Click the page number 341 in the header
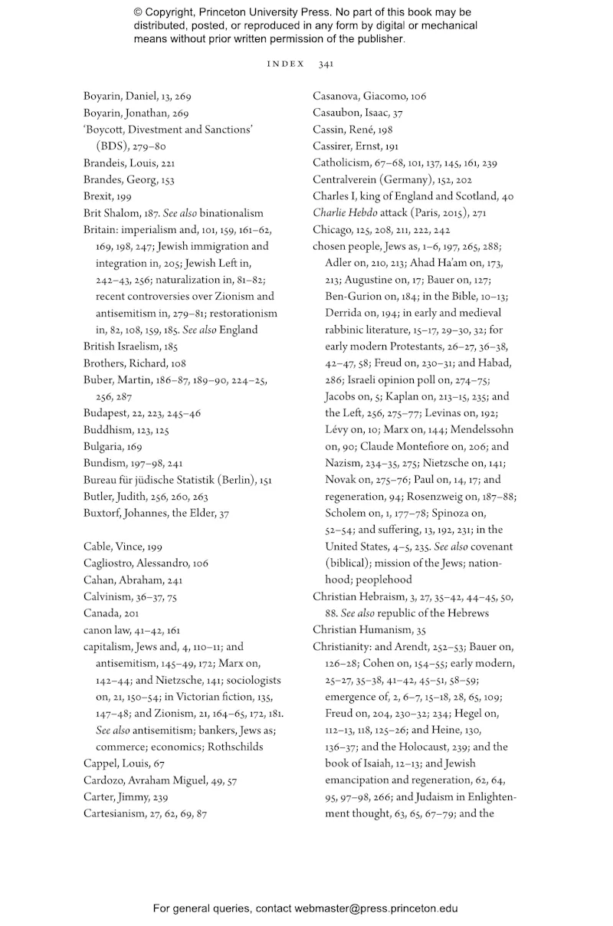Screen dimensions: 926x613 [326, 64]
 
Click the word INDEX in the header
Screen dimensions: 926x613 [285, 64]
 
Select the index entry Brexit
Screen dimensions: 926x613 [97, 196]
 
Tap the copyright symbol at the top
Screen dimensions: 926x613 [139, 13]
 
